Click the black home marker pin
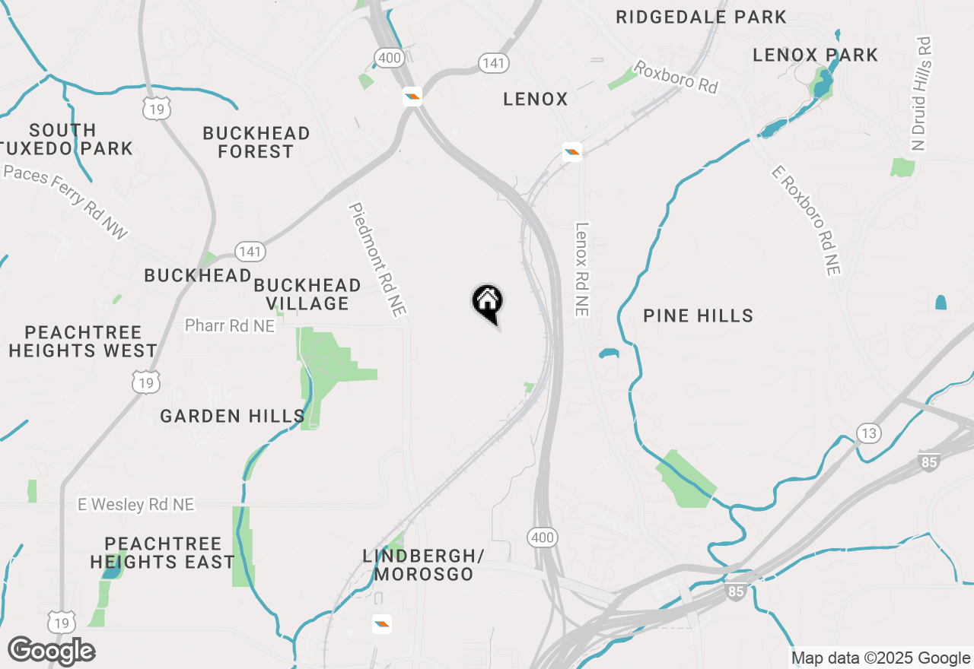point(488,303)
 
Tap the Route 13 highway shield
point(869,433)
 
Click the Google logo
point(51,651)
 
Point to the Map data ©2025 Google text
point(880,658)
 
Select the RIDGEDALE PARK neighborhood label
point(701,17)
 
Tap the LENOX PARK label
point(815,55)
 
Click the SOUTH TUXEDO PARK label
point(73,139)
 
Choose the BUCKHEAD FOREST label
point(256,142)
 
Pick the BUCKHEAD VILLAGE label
point(307,294)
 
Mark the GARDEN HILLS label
point(232,416)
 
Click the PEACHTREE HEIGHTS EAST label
point(162,553)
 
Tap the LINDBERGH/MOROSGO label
point(423,565)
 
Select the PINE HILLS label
point(698,315)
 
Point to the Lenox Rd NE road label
point(582,268)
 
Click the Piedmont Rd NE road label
point(378,258)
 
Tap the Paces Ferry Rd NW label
point(65,202)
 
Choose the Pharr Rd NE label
point(229,325)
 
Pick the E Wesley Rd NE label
point(136,504)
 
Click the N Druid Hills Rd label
point(920,93)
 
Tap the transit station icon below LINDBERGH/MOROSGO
point(382,624)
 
